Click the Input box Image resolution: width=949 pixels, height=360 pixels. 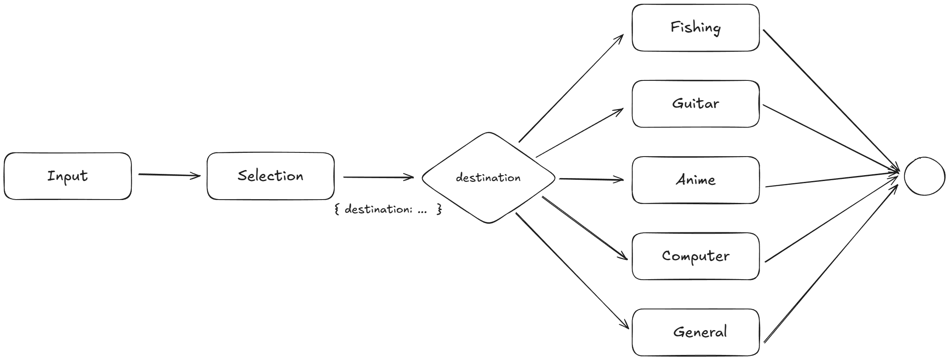point(67,176)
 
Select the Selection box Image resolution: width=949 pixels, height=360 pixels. point(270,176)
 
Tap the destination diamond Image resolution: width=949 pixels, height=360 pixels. point(488,178)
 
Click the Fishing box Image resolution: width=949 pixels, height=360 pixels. point(695,28)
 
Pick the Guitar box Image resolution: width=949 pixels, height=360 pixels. point(695,104)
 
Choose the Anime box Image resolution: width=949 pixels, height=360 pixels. point(695,180)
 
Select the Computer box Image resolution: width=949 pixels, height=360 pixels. point(695,256)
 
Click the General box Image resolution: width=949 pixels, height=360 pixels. point(695,332)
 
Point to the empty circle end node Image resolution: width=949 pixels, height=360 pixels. point(925,176)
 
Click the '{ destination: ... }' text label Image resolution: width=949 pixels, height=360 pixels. point(388,209)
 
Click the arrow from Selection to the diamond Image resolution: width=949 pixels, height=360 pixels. point(379,177)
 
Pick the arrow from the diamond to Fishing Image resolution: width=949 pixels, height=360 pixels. point(571,88)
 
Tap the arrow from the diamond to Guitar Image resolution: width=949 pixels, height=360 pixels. point(579,133)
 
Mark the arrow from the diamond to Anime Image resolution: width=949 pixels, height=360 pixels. point(591,179)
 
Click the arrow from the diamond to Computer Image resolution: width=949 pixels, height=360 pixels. point(585,228)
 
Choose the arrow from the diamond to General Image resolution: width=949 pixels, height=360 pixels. point(572,271)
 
